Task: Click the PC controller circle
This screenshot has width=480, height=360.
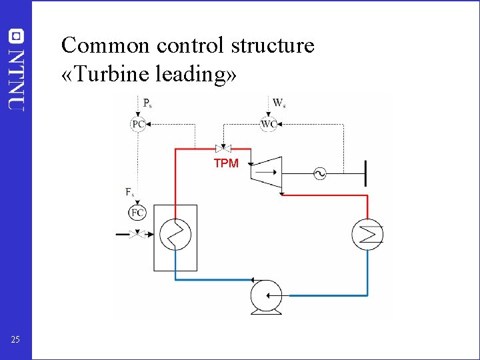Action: [138, 124]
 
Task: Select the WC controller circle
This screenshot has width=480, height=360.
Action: [269, 124]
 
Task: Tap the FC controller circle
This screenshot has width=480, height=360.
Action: [137, 213]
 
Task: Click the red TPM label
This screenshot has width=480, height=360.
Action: [226, 163]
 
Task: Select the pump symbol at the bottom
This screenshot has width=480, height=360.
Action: [266, 295]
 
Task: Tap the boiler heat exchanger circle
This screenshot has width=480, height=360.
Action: [175, 235]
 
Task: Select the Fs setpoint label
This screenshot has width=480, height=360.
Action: [130, 192]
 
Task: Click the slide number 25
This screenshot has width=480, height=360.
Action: [15, 341]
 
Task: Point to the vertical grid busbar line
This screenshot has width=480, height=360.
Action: [365, 174]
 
